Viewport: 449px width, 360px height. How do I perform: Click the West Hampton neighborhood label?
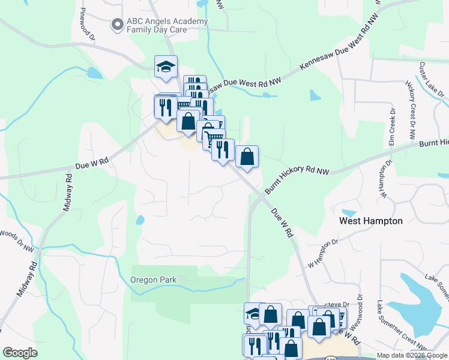click(x=371, y=221)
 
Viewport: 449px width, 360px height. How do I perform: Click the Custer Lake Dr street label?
click(x=432, y=80)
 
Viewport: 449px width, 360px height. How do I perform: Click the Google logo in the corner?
click(x=20, y=352)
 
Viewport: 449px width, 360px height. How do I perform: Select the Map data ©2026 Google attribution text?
click(x=412, y=355)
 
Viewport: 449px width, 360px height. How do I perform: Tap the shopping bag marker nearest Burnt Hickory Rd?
click(x=247, y=157)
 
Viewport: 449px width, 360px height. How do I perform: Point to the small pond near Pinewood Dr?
click(x=94, y=73)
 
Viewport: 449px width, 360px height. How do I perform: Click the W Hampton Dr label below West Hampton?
click(x=323, y=254)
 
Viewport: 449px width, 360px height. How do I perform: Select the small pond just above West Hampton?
click(x=349, y=212)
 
